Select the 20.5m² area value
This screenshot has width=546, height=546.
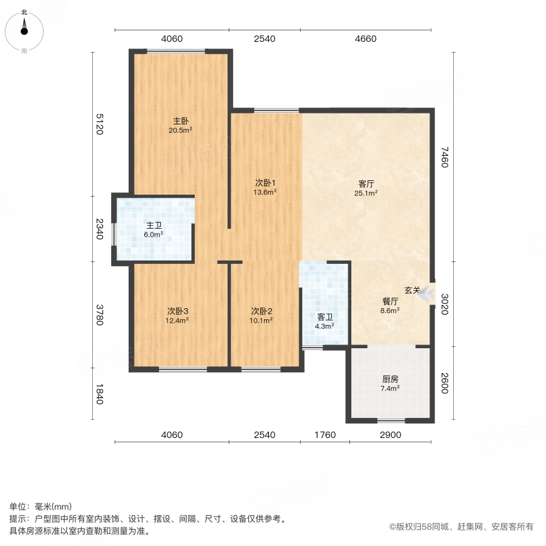tap(181, 130)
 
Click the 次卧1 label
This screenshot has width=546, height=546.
tap(265, 183)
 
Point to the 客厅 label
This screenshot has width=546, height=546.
tap(366, 184)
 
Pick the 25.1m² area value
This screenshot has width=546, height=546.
tap(366, 194)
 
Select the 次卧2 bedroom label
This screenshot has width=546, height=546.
tap(261, 311)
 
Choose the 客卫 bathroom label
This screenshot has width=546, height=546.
tap(325, 317)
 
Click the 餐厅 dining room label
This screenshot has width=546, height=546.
tap(390, 301)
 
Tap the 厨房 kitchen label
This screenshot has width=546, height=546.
tap(390, 379)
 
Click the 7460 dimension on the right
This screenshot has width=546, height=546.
tap(445, 157)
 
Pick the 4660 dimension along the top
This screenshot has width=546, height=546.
tap(365, 39)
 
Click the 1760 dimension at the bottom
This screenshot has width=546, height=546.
tap(325, 435)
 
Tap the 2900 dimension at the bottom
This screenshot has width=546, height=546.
tap(390, 435)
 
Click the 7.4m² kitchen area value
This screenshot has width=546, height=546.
tap(390, 388)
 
